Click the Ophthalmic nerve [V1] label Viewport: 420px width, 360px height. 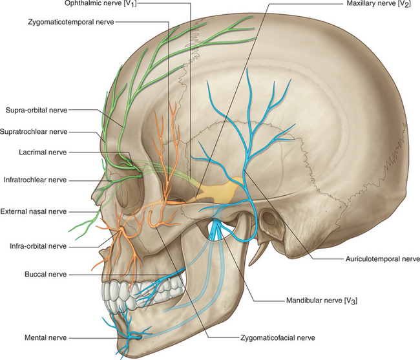click(101, 4)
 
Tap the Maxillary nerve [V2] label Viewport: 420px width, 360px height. click(379, 4)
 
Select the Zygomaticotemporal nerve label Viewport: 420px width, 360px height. click(71, 22)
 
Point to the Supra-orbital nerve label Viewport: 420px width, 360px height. click(36, 110)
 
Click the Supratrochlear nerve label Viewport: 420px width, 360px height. click(34, 131)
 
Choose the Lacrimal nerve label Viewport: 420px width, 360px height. click(43, 153)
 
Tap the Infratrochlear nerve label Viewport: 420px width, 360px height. click(35, 180)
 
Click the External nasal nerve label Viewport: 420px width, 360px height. click(34, 211)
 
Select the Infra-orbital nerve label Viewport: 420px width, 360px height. click(38, 246)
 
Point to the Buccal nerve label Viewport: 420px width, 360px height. click(45, 274)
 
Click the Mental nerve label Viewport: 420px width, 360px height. click(45, 338)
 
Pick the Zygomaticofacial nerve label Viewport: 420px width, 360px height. click(278, 338)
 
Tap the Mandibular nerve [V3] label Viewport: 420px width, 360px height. click(322, 301)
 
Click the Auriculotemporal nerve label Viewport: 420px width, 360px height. click(383, 259)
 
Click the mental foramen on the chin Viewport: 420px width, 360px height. click(140, 337)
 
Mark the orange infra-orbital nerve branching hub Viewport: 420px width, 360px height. click(121, 229)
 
